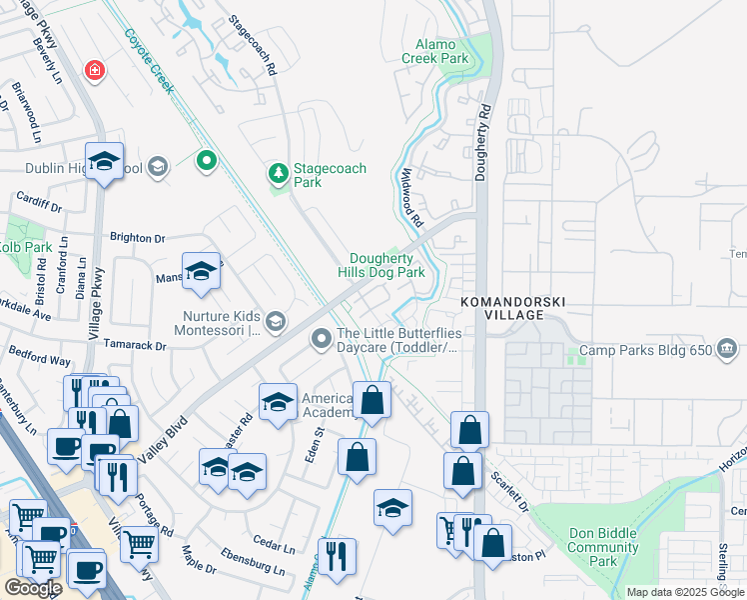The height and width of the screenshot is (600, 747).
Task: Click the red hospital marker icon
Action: click(94, 70)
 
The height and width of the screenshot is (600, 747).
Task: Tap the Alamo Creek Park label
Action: click(435, 52)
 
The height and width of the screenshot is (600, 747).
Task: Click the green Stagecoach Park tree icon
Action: click(278, 174)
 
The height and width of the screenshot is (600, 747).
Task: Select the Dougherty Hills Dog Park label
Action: click(386, 265)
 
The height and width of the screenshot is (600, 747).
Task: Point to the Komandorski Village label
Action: click(501, 307)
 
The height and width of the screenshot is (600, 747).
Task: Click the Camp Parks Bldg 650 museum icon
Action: click(726, 350)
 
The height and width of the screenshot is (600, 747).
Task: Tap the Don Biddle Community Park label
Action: click(602, 547)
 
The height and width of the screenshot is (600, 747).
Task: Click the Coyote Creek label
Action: click(149, 61)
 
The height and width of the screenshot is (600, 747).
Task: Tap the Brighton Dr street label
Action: click(138, 239)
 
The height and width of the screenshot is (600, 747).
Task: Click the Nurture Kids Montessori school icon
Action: click(277, 321)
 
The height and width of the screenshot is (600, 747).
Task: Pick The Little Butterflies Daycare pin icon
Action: click(322, 340)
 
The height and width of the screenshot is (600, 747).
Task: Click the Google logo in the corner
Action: click(32, 588)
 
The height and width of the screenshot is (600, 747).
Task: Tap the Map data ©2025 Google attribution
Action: click(684, 592)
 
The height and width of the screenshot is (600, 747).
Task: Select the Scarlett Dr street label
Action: click(508, 490)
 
